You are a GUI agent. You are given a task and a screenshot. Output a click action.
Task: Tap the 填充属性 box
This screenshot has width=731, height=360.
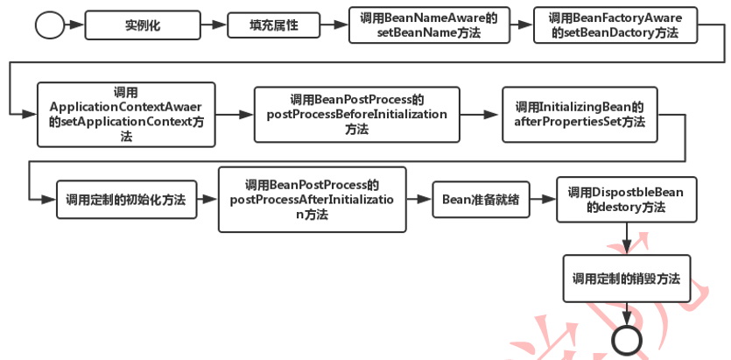coord(273,25)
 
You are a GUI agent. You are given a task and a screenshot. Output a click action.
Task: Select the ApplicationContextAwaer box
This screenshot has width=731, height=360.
coord(126,114)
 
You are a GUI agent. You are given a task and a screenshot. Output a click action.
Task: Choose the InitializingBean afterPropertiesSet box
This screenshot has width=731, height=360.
coord(579,114)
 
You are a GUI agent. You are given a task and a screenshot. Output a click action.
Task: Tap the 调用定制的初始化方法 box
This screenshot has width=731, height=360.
coord(126,199)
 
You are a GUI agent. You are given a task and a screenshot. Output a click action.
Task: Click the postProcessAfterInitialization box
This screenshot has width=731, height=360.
coord(312,200)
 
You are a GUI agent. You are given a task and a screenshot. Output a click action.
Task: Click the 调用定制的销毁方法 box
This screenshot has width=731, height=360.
coord(626,279)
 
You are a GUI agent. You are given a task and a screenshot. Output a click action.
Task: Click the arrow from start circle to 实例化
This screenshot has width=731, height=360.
coord(75,25)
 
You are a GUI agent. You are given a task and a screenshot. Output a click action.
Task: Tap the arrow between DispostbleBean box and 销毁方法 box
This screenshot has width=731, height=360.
coord(626,238)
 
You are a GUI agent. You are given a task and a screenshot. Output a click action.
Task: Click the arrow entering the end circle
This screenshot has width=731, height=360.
coord(626,314)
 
